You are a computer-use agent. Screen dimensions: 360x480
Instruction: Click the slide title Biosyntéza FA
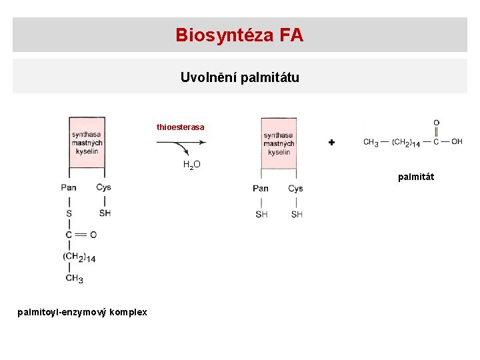pyautogui.click(x=239, y=35)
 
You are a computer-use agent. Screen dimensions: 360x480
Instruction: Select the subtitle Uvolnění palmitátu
pyautogui.click(x=239, y=77)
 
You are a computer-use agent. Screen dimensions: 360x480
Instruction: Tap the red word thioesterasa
pyautogui.click(x=181, y=127)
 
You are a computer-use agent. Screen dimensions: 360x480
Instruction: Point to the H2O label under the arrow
pyautogui.click(x=192, y=165)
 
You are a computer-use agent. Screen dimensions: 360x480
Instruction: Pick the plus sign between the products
pyautogui.click(x=331, y=143)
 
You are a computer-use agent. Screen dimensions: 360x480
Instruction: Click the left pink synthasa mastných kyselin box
pyautogui.click(x=87, y=142)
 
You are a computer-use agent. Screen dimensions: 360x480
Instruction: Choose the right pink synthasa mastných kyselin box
pyautogui.click(x=279, y=143)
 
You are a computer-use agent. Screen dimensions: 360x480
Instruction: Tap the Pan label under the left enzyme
pyautogui.click(x=69, y=187)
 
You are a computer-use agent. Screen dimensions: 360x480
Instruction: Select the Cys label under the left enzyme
pyautogui.click(x=103, y=187)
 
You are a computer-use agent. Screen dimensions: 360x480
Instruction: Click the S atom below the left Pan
pyautogui.click(x=69, y=213)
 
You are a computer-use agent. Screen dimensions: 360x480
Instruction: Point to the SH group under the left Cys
pyautogui.click(x=105, y=213)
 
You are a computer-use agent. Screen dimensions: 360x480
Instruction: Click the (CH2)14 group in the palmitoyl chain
pyautogui.click(x=79, y=257)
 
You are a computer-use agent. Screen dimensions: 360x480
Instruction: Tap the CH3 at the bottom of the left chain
pyautogui.click(x=74, y=279)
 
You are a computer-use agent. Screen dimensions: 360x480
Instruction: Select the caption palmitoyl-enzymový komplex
pyautogui.click(x=83, y=312)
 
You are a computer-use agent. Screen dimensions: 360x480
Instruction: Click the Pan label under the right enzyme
pyautogui.click(x=261, y=188)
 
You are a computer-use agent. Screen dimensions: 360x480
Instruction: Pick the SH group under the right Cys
pyautogui.click(x=297, y=214)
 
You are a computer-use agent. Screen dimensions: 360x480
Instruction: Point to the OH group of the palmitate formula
pyautogui.click(x=457, y=141)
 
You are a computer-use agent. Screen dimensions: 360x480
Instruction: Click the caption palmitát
pyautogui.click(x=416, y=177)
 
